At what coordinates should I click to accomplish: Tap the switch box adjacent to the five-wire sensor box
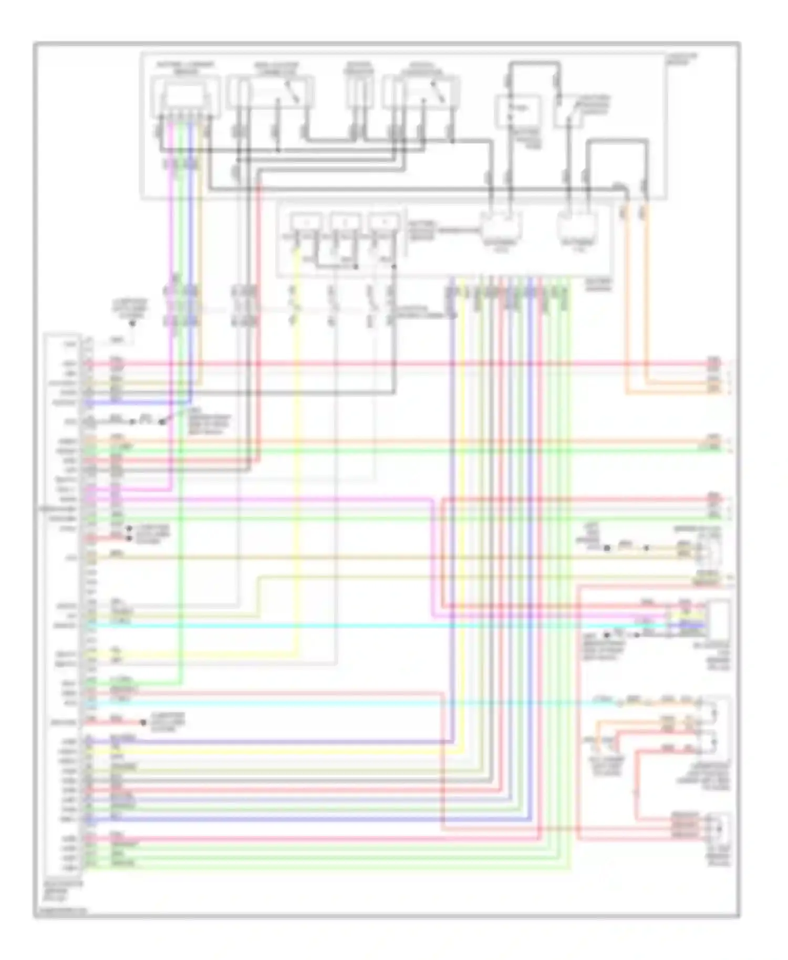coord(271,92)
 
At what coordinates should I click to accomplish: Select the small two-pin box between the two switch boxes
coord(359,92)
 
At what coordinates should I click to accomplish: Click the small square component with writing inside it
coord(517,110)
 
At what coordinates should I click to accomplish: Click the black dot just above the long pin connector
coord(133,323)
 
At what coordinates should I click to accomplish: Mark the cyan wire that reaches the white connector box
coord(368,626)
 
